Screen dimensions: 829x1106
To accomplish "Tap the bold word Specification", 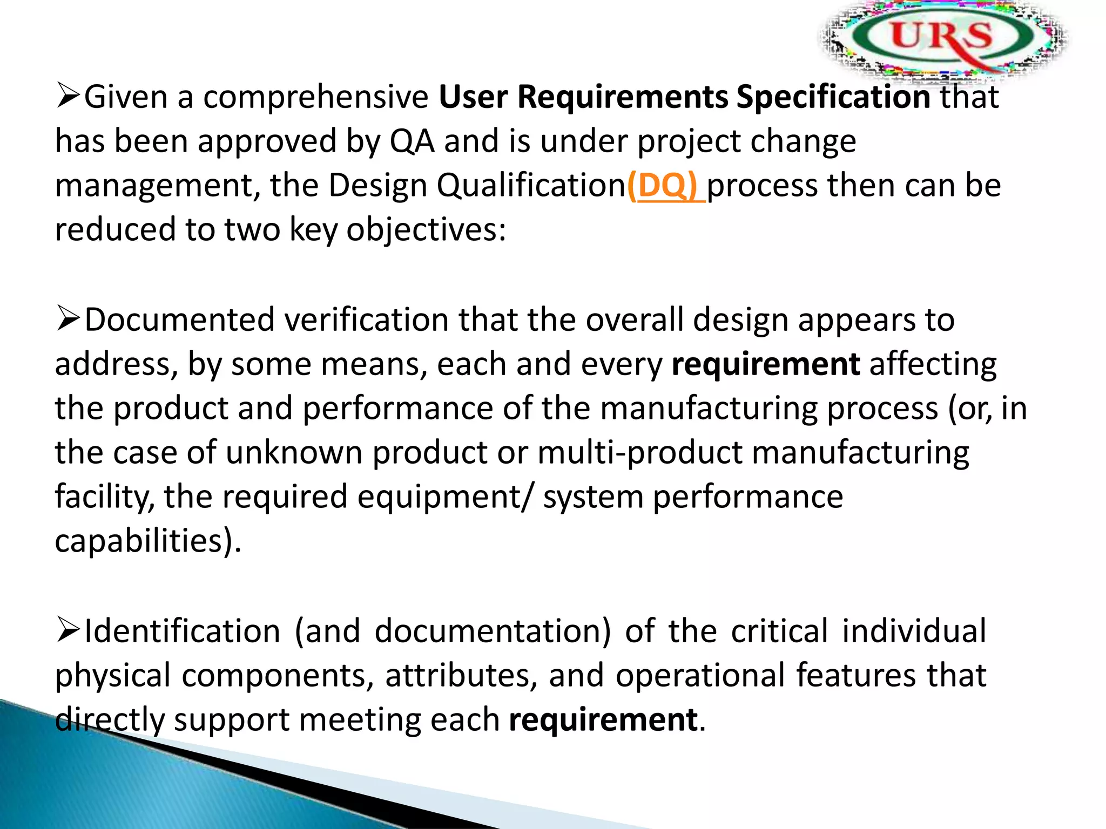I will tap(833, 97).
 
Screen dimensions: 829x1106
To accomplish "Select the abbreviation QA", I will tap(412, 141).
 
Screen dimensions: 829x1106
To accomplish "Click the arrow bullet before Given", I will tap(68, 97).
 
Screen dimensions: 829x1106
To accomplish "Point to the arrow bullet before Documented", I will tap(68, 319).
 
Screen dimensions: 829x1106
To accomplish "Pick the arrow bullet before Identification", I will tap(68, 630).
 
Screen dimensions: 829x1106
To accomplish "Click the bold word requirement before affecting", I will tap(765, 364).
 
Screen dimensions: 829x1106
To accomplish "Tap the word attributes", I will tap(461, 676).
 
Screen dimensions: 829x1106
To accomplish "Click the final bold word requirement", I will tap(603, 720).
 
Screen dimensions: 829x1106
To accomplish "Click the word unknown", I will tap(294, 452).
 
